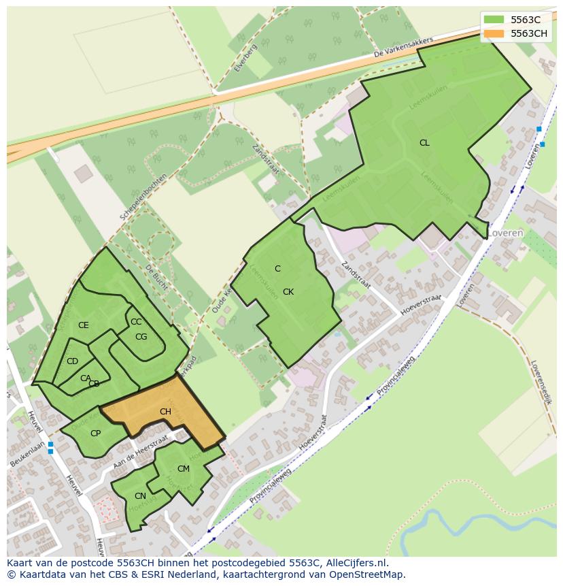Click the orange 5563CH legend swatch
coord(494,33)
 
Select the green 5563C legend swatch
coord(494,20)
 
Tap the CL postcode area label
coord(424,143)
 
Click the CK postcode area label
coord(288,292)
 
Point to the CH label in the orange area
coord(165,412)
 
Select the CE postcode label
coord(84,325)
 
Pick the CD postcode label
coord(72,361)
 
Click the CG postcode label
coord(141,337)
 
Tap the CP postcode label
coord(95,434)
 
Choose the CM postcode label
coord(184,469)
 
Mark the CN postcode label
coord(140,496)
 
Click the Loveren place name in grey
coord(505,233)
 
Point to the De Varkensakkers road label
coord(403,48)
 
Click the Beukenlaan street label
coord(27,454)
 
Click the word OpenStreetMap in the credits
coord(370,574)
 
